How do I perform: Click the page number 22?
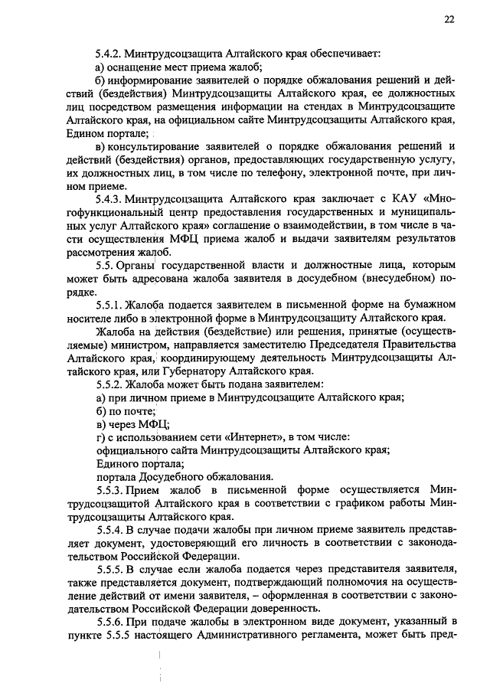pyautogui.click(x=449, y=21)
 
